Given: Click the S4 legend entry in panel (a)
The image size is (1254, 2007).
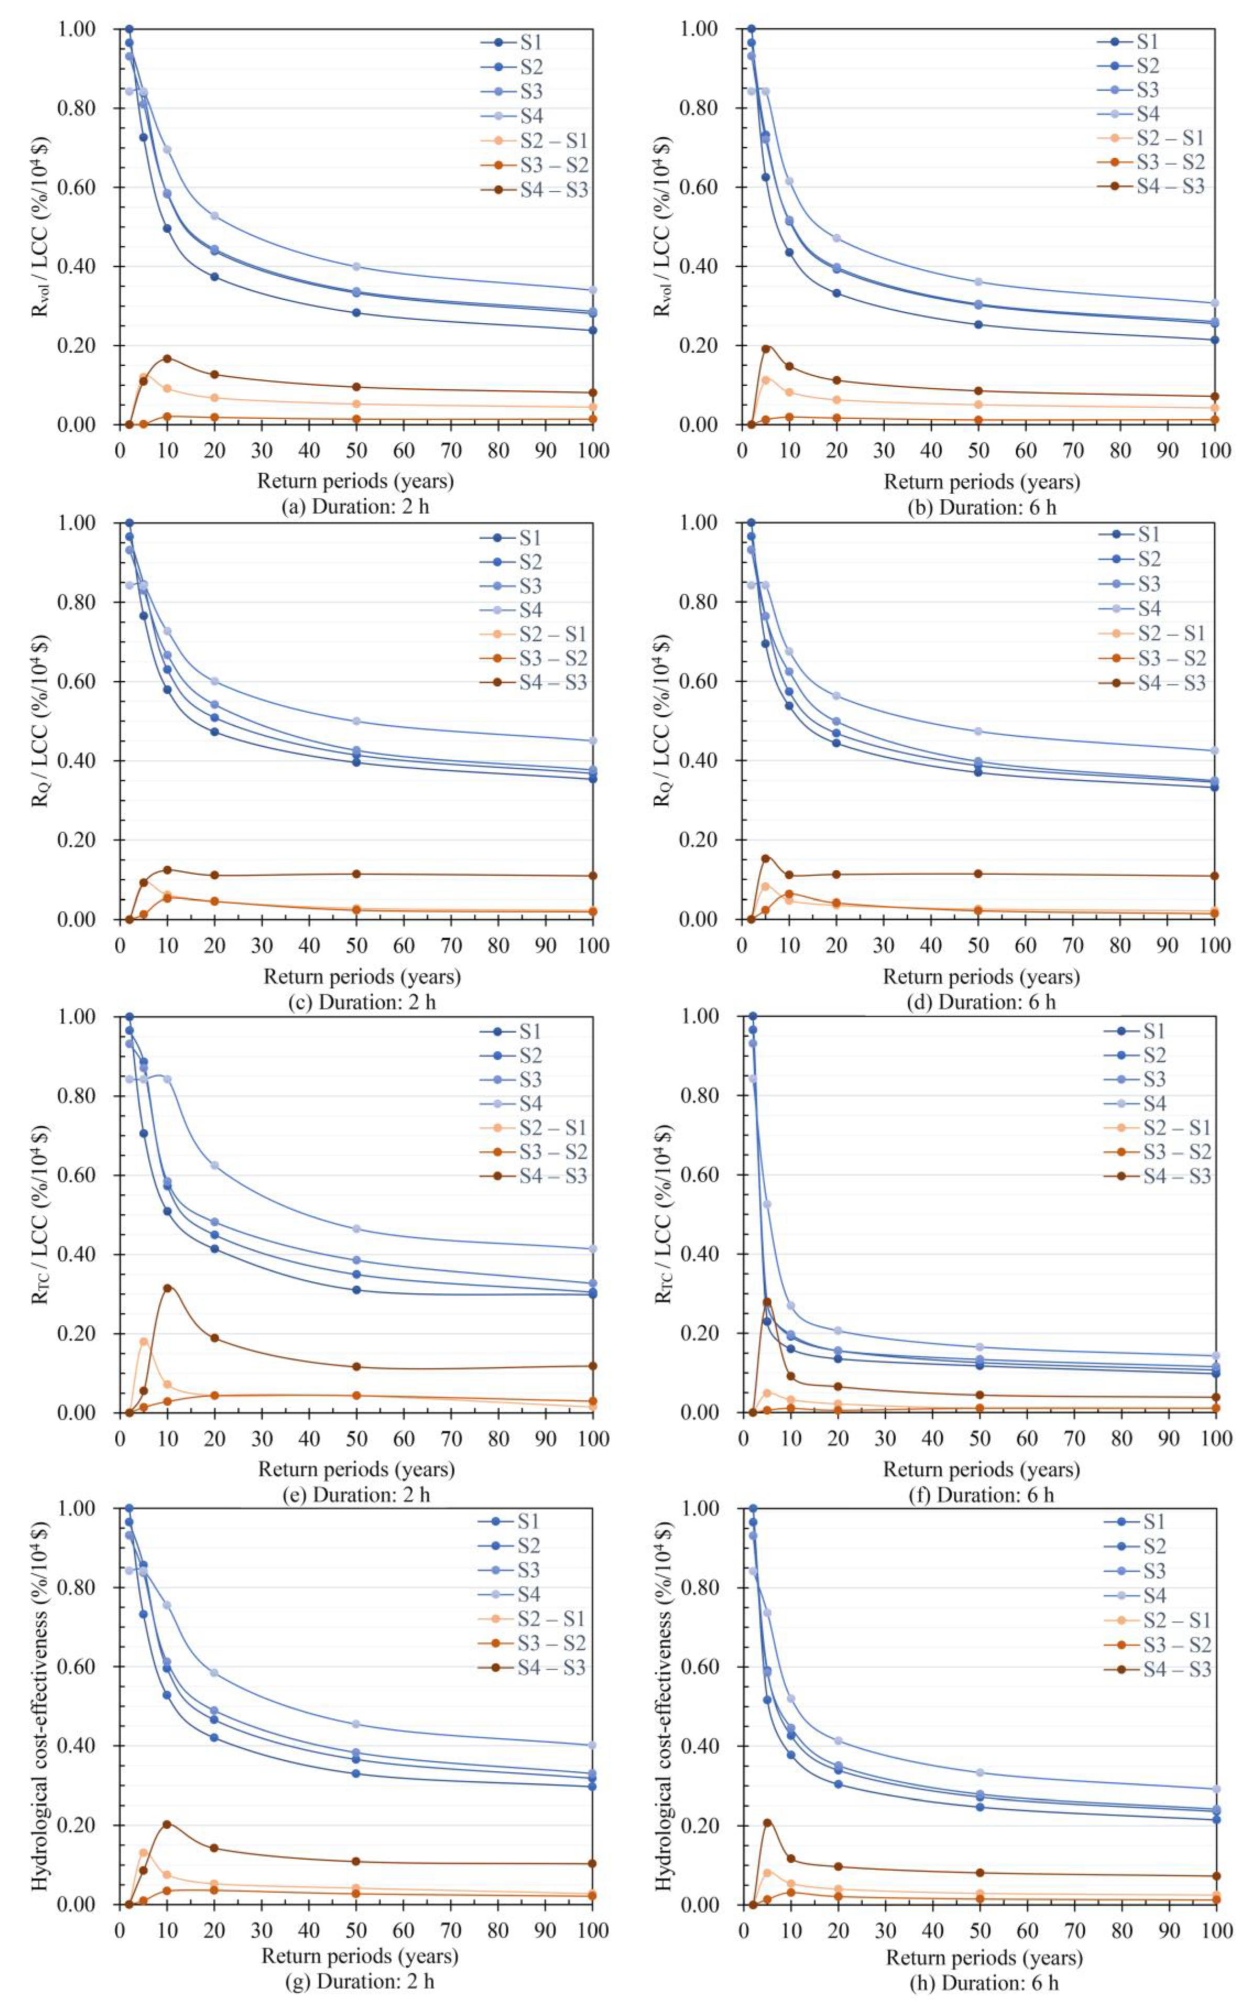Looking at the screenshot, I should tap(530, 115).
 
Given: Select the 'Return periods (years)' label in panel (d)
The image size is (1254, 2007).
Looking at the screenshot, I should tap(982, 977).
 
